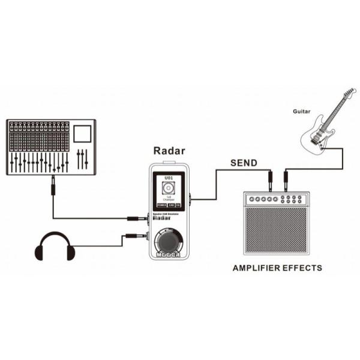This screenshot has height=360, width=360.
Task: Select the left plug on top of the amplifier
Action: point(270,179)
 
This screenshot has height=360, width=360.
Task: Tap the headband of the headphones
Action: point(55,235)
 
